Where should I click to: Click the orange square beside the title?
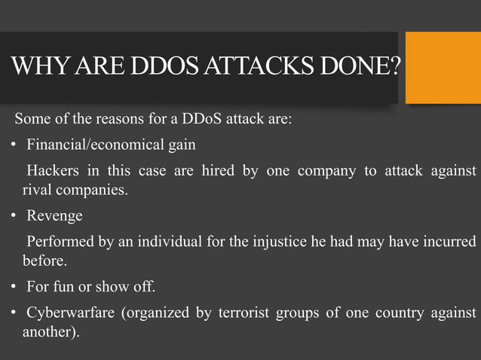[x=443, y=68]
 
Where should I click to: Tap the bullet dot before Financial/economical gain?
[x=14, y=145]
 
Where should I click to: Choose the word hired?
[x=218, y=170]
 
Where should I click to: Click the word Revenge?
[x=54, y=216]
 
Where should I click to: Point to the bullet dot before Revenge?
[x=14, y=216]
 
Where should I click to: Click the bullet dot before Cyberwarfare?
[x=14, y=313]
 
